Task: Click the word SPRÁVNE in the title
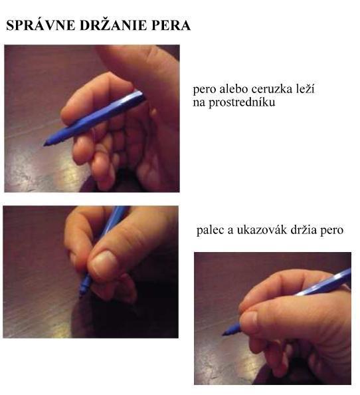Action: point(41,25)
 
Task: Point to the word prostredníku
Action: point(242,103)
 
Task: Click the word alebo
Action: point(233,89)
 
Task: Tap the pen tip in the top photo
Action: point(45,144)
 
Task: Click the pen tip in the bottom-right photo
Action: point(223,334)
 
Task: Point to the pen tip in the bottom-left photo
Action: point(82,293)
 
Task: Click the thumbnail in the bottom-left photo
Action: point(104,263)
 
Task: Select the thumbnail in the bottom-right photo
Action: point(249,323)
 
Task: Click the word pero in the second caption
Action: point(332,231)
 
